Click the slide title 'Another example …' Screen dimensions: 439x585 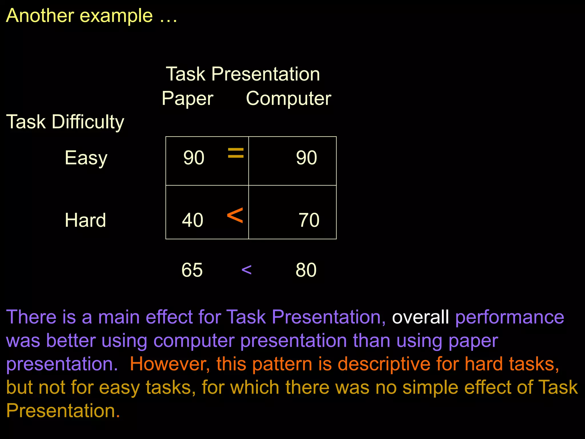[x=91, y=15]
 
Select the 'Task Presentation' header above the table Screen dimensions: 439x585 [x=243, y=74]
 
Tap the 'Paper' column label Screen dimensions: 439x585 [x=187, y=99]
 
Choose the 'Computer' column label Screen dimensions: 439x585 [x=289, y=99]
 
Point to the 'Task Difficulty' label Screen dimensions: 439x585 [x=65, y=122]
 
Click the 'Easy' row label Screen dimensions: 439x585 [x=86, y=158]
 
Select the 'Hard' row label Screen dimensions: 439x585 [x=85, y=220]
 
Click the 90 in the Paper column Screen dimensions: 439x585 [x=194, y=157]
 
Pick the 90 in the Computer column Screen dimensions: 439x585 [x=306, y=157]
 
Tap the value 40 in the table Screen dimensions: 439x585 [x=193, y=220]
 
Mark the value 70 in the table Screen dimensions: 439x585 [x=309, y=220]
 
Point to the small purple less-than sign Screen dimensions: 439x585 [x=246, y=270]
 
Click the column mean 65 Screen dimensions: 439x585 [x=192, y=270]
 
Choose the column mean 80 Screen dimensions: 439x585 [x=306, y=270]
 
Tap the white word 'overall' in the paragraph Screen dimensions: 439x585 [x=420, y=317]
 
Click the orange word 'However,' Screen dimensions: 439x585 [x=170, y=364]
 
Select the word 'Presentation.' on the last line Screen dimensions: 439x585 [x=63, y=411]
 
